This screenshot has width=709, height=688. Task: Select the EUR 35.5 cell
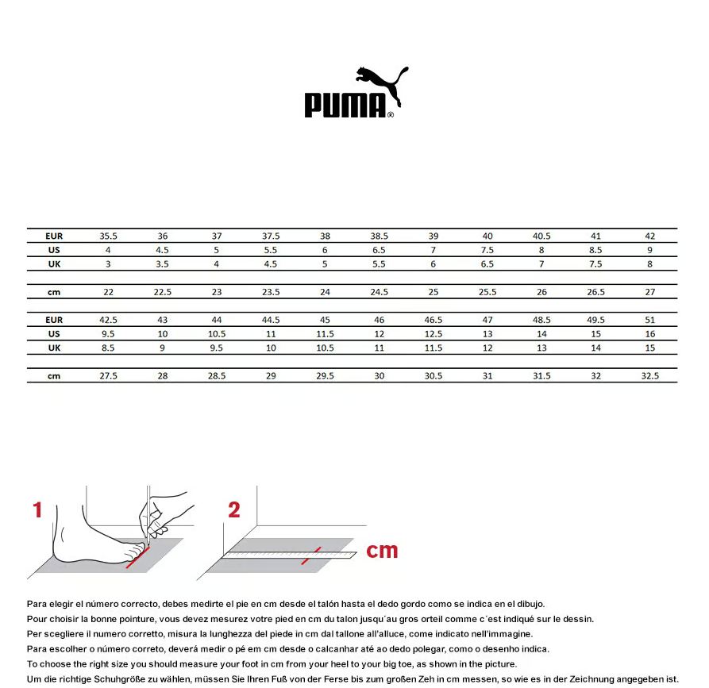[108, 236]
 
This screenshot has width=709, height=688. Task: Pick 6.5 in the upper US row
[380, 250]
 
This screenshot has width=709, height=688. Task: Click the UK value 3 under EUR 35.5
[108, 264]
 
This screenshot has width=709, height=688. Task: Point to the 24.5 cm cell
[380, 292]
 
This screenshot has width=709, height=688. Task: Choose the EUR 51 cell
[650, 320]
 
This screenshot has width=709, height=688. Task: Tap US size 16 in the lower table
[650, 334]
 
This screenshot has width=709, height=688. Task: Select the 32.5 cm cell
[650, 375]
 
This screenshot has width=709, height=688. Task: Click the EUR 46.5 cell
[433, 320]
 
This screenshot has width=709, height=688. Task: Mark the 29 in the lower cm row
[271, 375]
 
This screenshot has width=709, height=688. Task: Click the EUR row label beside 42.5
[54, 320]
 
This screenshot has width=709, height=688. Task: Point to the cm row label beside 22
[54, 292]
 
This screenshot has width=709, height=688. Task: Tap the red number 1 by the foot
[37, 510]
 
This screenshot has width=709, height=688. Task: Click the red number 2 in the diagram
[234, 510]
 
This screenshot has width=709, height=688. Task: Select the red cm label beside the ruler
[382, 550]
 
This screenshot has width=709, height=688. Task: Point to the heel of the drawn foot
[59, 553]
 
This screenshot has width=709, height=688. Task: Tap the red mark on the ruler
[310, 556]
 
